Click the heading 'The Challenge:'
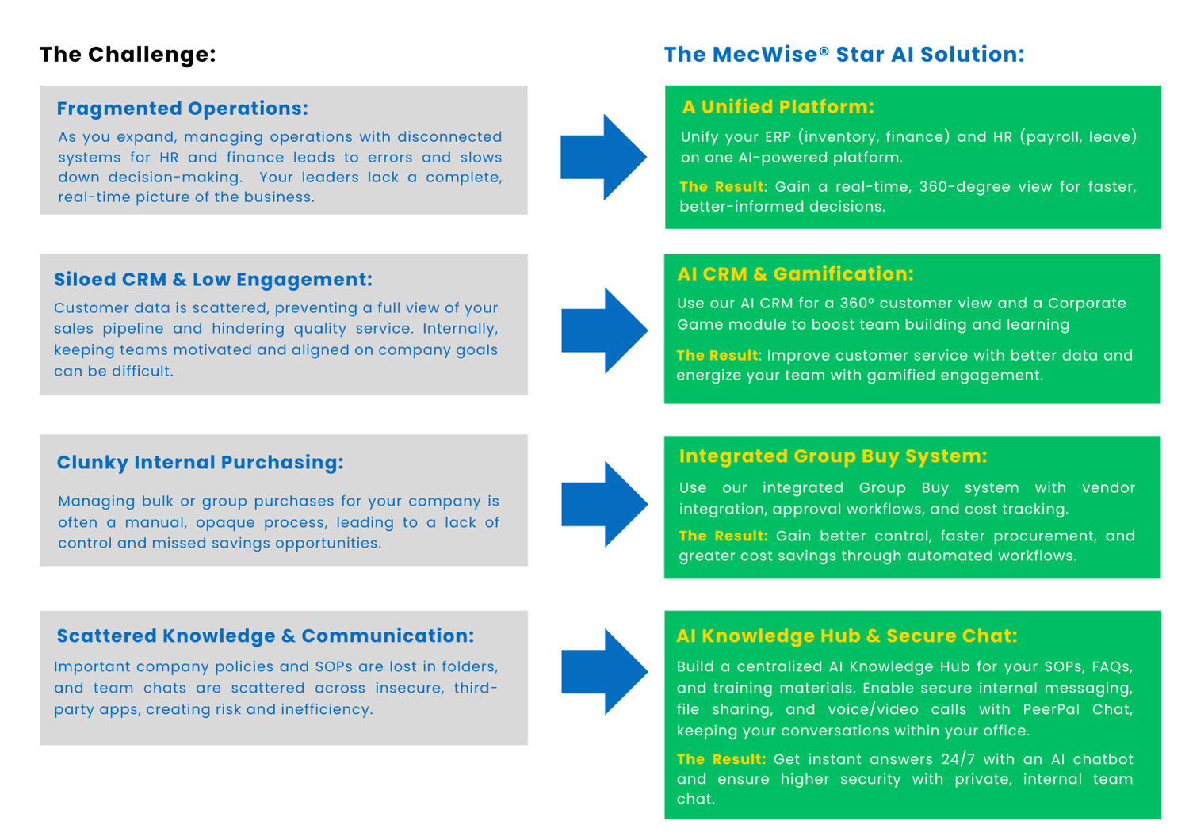click(x=128, y=55)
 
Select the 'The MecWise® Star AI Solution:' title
click(x=844, y=55)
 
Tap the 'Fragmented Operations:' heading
click(x=182, y=109)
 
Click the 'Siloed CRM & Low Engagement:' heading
click(x=213, y=280)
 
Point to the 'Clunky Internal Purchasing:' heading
click(x=201, y=463)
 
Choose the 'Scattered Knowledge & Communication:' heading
click(x=266, y=636)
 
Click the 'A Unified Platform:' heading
click(x=778, y=107)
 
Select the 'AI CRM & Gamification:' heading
click(x=795, y=274)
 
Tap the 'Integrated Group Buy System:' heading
click(x=833, y=456)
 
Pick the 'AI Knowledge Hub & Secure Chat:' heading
click(x=847, y=636)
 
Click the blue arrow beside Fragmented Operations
click(x=603, y=157)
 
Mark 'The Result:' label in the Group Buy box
click(x=723, y=536)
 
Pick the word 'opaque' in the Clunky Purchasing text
click(x=225, y=523)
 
